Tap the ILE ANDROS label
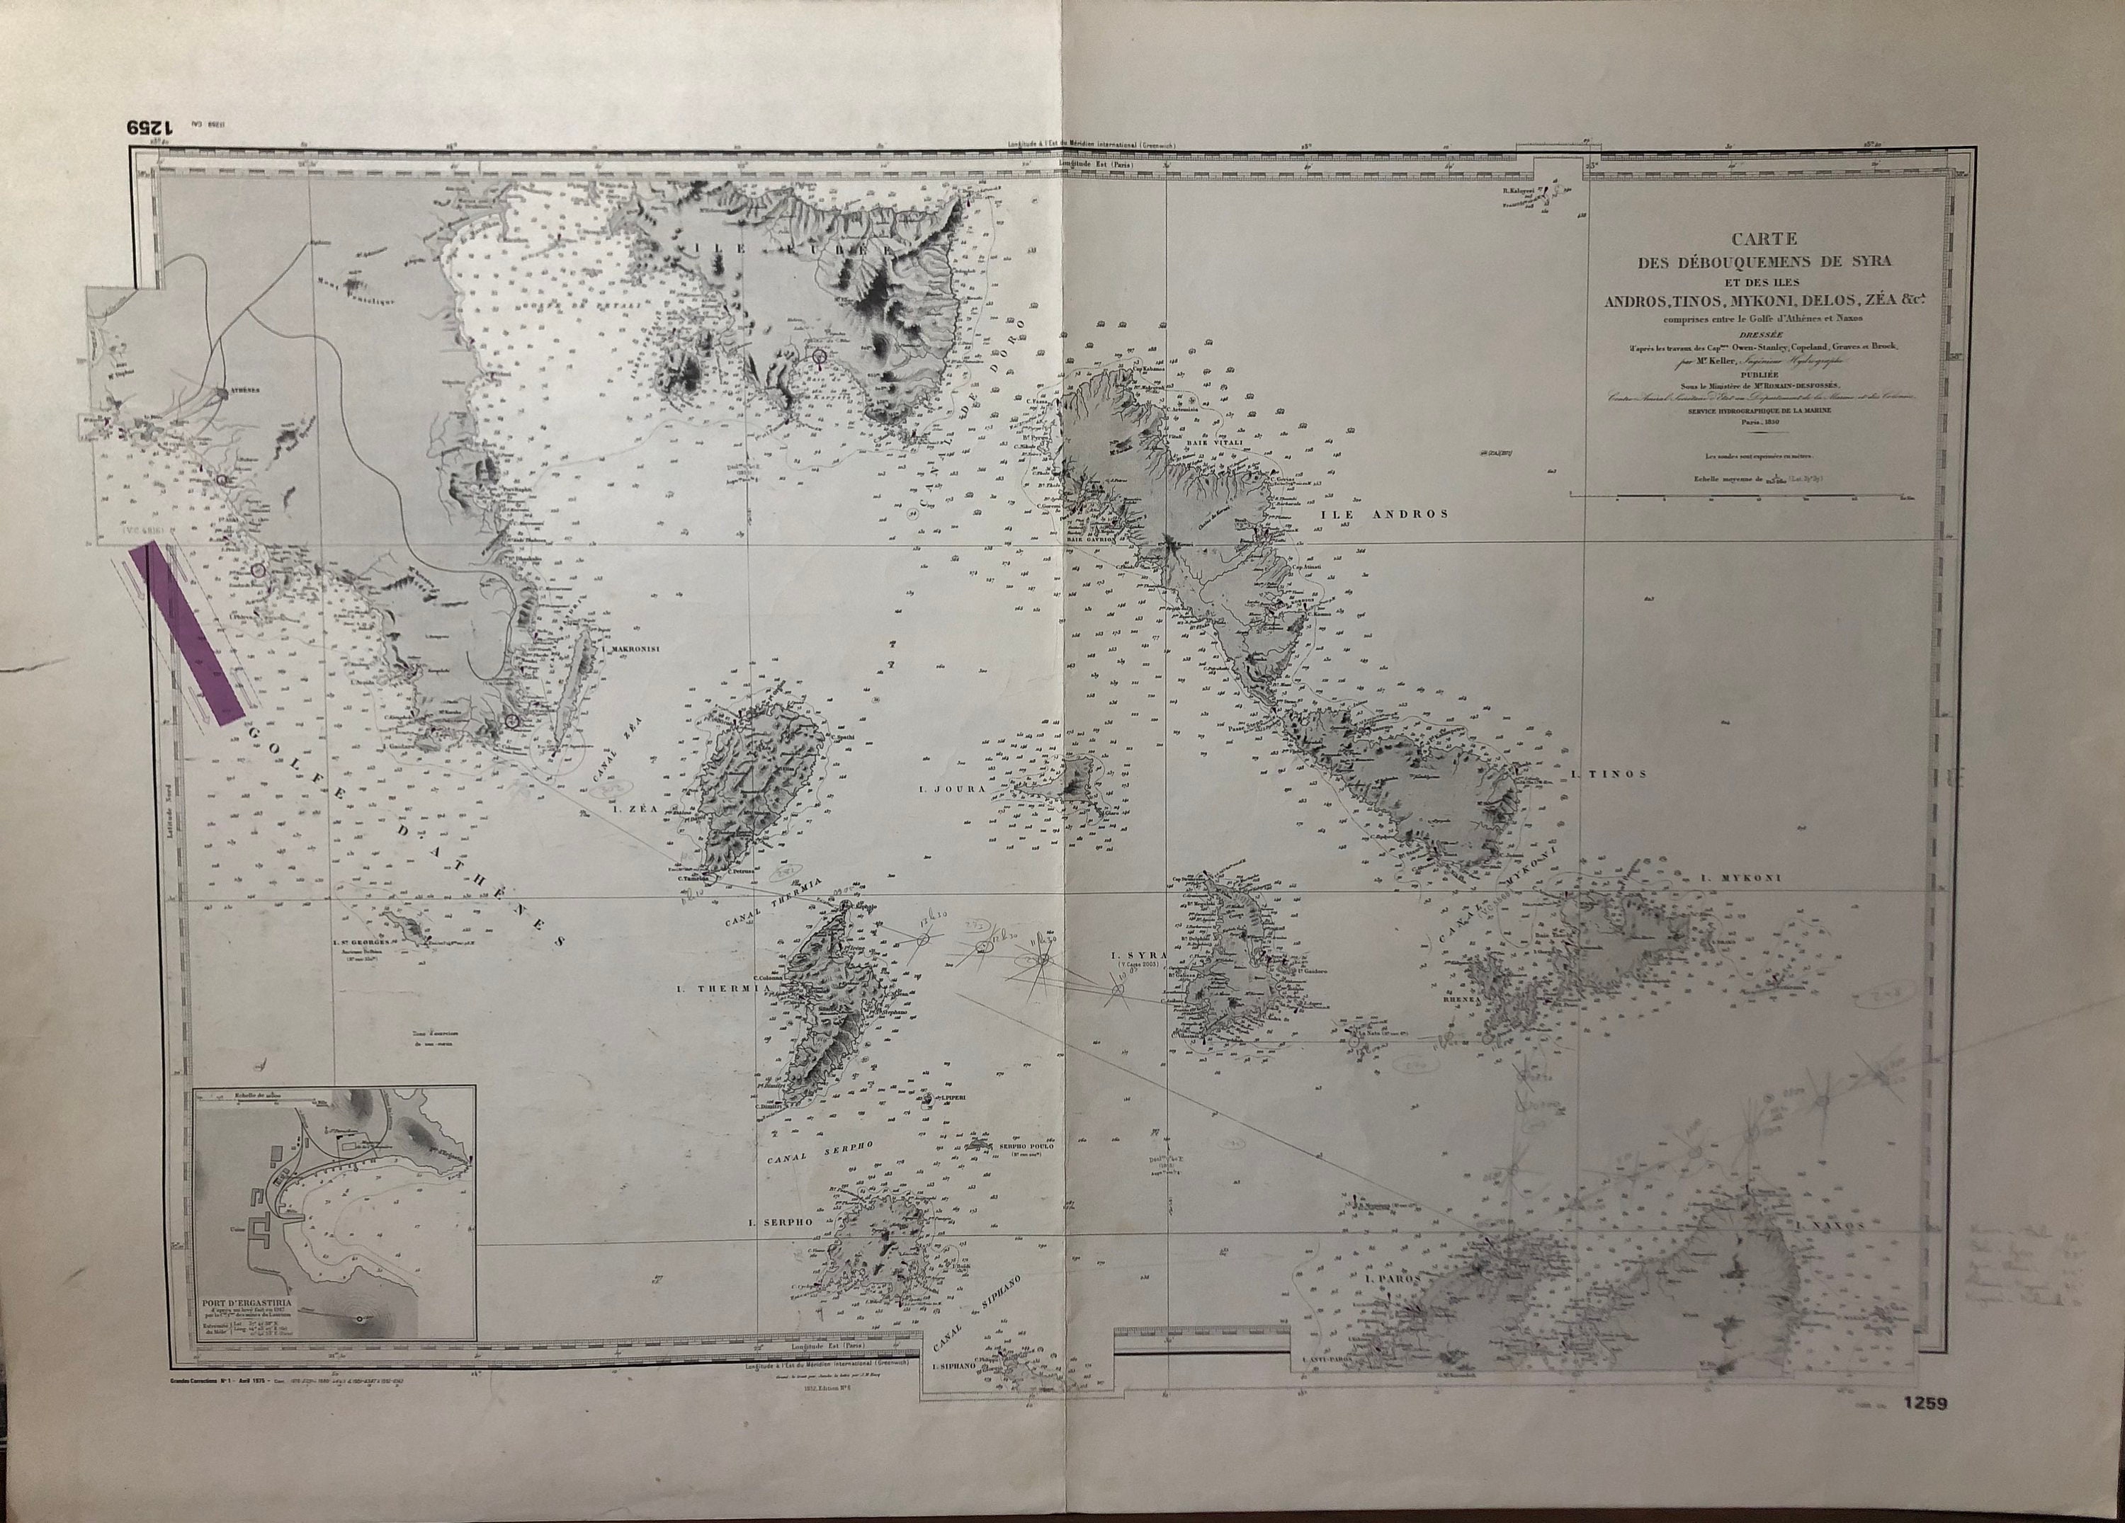coord(1385,514)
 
